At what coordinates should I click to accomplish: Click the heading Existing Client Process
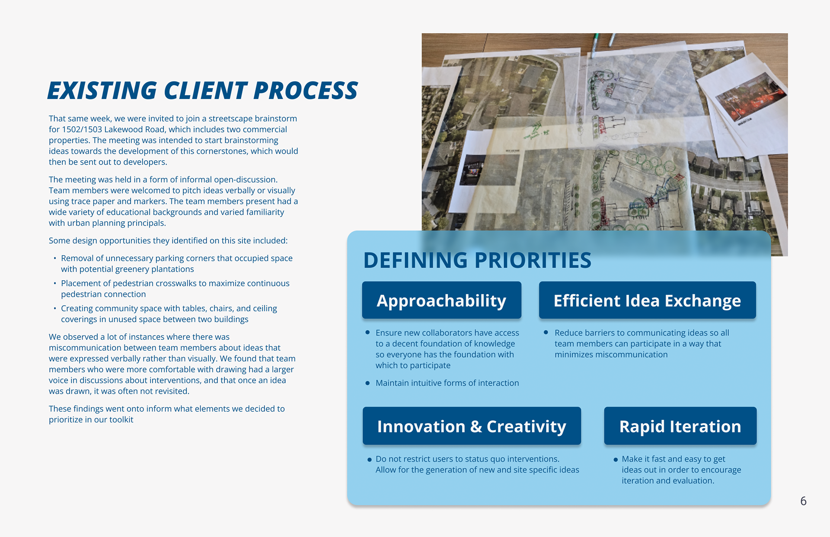pos(202,90)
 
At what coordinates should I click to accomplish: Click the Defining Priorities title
pos(477,260)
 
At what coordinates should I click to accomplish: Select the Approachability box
pos(441,300)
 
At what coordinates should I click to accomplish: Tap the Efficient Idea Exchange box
pos(647,300)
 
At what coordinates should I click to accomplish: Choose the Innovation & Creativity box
pos(472,426)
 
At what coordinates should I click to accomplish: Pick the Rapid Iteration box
pos(680,426)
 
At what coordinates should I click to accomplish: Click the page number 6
pos(803,501)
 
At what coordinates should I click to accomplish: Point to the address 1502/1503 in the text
pos(82,129)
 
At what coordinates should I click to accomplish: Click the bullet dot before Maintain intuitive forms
pos(367,383)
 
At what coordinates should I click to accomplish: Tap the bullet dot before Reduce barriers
pos(546,332)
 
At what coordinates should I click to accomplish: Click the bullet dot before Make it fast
pos(616,460)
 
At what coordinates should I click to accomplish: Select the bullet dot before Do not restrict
pos(369,460)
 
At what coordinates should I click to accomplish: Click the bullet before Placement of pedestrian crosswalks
pos(55,284)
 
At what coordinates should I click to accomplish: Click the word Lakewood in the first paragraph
pos(122,129)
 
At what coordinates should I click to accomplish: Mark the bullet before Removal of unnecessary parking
pos(55,259)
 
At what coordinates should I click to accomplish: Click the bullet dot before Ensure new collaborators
pos(367,332)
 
